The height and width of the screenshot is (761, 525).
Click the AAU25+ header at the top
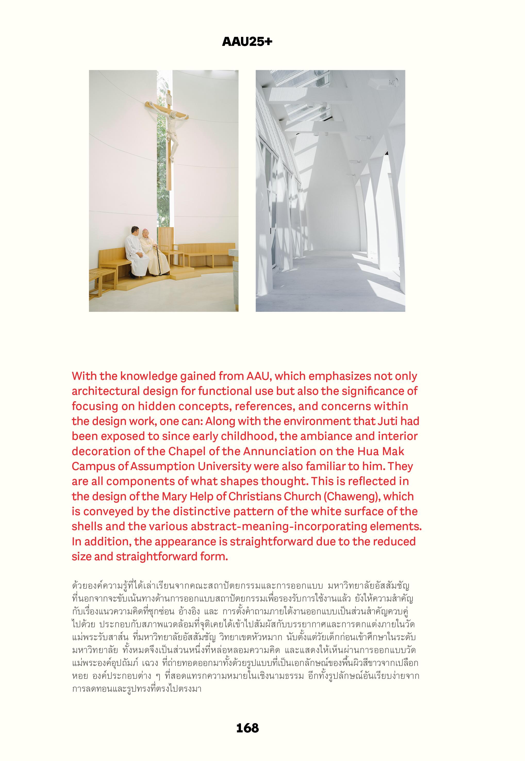[247, 42]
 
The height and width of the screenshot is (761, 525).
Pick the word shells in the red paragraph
[86, 526]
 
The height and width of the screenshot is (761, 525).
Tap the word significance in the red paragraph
[376, 391]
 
